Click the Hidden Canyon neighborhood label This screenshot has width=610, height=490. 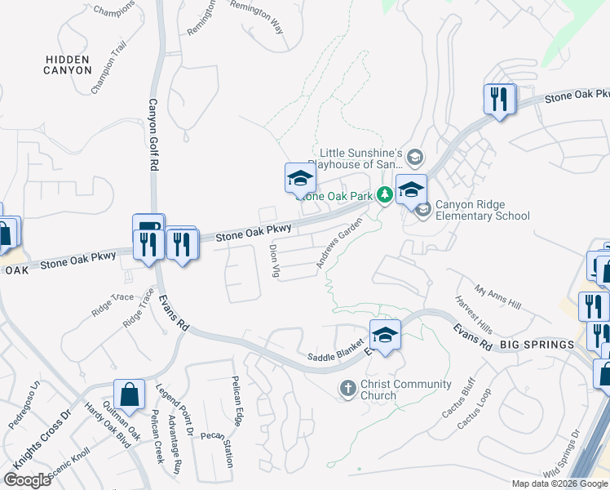(x=69, y=65)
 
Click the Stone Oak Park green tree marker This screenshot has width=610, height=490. (x=382, y=194)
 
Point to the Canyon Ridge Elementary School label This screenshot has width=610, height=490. (x=482, y=210)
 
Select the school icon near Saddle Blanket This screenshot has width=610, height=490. (x=386, y=333)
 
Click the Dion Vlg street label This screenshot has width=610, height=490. (x=275, y=261)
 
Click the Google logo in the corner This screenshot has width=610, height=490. (x=27, y=479)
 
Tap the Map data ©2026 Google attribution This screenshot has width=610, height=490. (x=559, y=483)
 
